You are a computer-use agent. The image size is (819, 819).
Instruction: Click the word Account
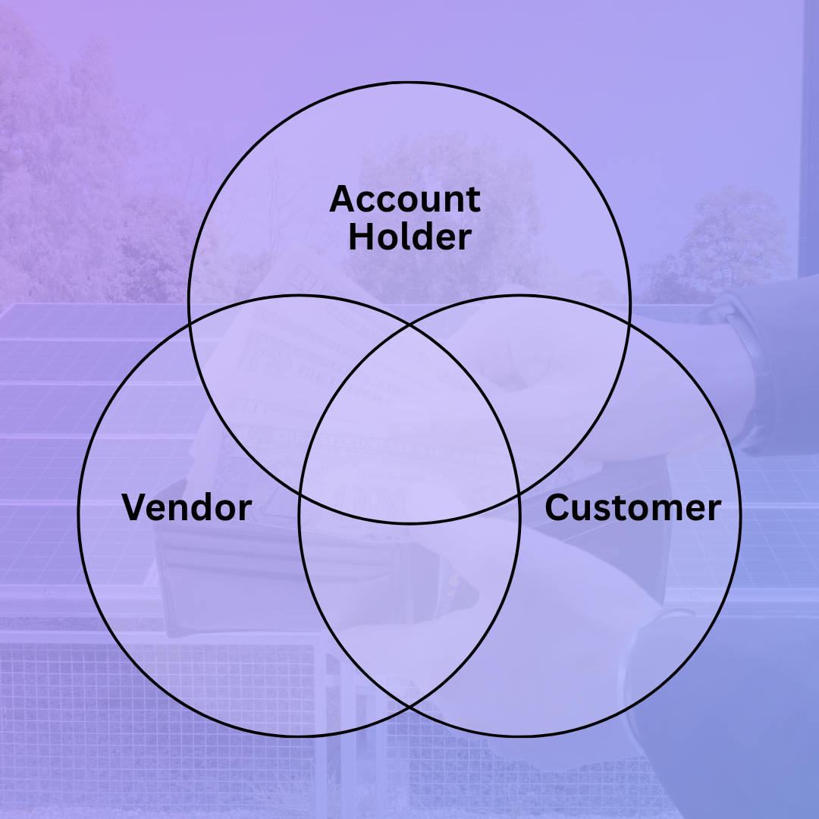[405, 199]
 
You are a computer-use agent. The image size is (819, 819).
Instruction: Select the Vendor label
[187, 507]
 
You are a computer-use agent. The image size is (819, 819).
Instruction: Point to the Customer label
[633, 507]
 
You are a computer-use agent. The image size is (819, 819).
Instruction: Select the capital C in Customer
[557, 507]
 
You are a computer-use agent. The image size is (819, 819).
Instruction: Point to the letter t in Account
[474, 200]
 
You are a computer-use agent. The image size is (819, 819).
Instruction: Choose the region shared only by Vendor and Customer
[409, 601]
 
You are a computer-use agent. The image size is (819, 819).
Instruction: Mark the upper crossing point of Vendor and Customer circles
[409, 325]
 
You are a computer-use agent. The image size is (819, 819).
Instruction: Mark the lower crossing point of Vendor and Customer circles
[409, 707]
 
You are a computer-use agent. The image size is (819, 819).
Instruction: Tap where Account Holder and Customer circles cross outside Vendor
[630, 325]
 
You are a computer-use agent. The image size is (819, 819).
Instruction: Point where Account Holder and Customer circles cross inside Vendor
[300, 493]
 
